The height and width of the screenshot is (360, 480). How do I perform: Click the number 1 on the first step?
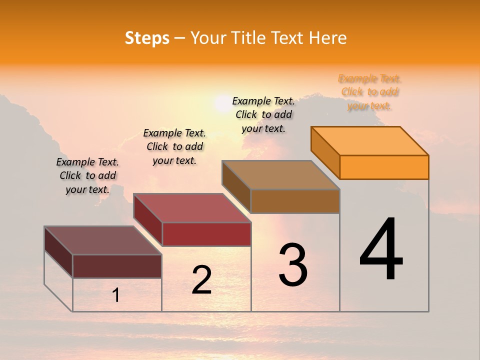click(x=116, y=295)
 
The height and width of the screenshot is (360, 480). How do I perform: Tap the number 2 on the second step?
click(x=201, y=280)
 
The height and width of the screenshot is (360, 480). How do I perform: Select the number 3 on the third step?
click(x=293, y=265)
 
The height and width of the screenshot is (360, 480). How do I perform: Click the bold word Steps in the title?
click(x=147, y=38)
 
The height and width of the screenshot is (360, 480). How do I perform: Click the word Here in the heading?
click(x=327, y=38)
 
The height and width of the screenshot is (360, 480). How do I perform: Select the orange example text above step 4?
click(x=369, y=92)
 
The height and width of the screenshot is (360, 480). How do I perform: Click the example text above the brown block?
click(x=263, y=114)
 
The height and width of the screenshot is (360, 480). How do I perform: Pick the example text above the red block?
click(x=174, y=146)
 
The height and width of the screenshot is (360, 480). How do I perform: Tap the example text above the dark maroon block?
click(x=87, y=175)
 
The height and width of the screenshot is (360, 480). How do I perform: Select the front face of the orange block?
click(x=384, y=167)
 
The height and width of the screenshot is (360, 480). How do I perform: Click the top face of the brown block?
click(x=280, y=175)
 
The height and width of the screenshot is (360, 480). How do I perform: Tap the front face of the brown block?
click(x=295, y=201)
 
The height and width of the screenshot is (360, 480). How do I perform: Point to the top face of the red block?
click(x=192, y=208)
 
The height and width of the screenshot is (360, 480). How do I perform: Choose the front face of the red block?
click(x=206, y=234)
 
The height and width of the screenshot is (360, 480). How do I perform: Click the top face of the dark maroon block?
click(x=103, y=240)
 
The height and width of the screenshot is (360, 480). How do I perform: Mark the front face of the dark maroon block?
click(x=117, y=266)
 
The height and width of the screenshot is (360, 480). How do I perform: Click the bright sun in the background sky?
click(x=221, y=104)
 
